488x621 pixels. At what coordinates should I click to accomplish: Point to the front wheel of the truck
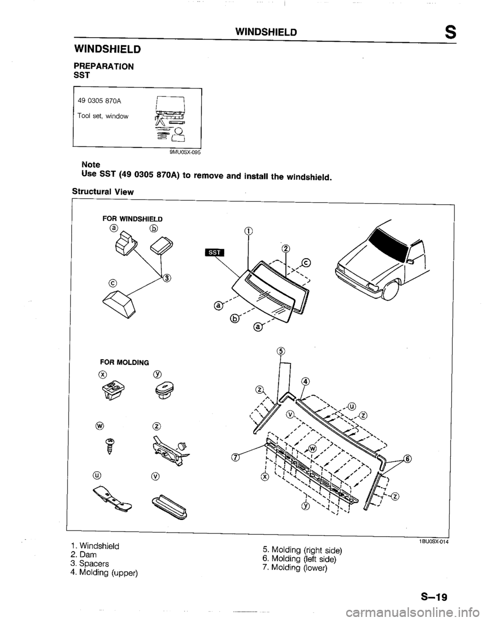[x=391, y=291]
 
